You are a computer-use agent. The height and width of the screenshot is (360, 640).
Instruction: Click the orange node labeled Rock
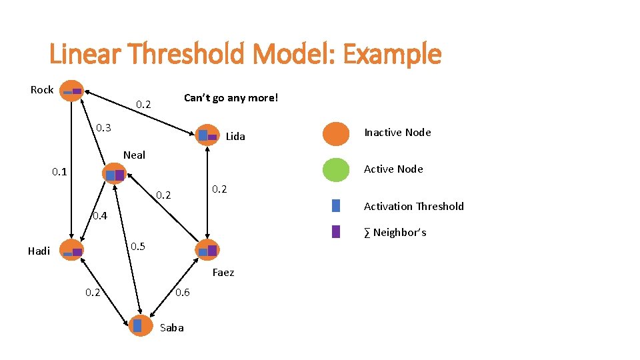click(72, 90)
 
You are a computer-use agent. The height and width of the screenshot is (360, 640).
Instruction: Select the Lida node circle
click(207, 135)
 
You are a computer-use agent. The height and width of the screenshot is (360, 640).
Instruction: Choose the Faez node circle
click(207, 250)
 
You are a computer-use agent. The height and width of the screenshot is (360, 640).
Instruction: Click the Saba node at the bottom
click(140, 325)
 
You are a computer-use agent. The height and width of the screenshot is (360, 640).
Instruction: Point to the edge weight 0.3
click(103, 127)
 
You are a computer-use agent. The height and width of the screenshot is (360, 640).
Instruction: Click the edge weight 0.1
click(60, 172)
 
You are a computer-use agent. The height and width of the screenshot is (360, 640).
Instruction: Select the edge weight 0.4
click(99, 215)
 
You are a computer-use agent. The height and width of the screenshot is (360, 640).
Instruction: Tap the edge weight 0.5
click(138, 247)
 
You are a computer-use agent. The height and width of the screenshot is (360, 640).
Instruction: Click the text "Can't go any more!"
click(231, 98)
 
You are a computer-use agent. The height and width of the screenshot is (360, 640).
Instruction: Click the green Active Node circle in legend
click(336, 169)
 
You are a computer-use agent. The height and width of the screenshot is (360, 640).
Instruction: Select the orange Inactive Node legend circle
click(336, 133)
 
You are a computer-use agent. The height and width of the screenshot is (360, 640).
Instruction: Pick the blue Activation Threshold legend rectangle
click(336, 206)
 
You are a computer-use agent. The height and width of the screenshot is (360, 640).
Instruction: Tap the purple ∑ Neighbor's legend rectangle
click(336, 231)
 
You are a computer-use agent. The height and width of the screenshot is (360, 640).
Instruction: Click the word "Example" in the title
click(392, 55)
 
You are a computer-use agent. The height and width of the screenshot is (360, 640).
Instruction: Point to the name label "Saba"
click(172, 327)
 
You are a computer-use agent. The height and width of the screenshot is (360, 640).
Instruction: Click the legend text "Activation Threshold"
click(413, 206)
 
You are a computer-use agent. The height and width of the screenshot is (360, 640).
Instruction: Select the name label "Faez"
click(223, 273)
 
